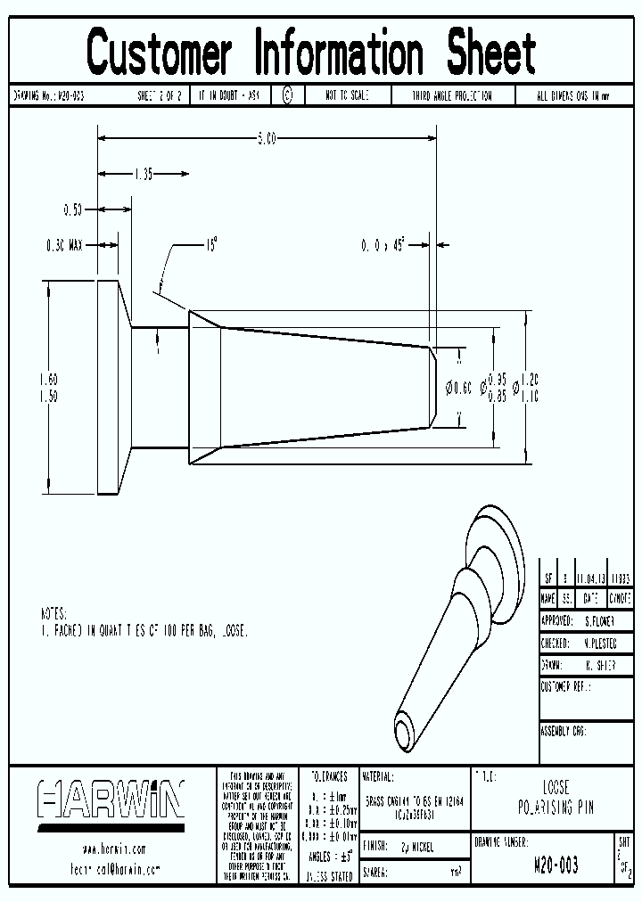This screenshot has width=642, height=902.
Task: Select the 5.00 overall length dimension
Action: click(x=267, y=138)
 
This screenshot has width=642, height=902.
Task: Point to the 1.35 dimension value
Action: click(x=144, y=174)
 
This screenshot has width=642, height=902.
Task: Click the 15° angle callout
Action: click(x=211, y=242)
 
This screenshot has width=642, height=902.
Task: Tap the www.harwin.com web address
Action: click(x=113, y=849)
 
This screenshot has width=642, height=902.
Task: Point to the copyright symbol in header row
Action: click(x=287, y=95)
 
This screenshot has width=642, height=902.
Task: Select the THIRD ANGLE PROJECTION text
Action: click(x=451, y=95)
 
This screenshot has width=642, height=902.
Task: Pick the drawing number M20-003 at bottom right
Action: click(x=555, y=865)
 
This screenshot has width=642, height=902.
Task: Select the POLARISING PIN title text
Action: click(x=555, y=808)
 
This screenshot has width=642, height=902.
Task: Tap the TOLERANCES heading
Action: click(x=329, y=776)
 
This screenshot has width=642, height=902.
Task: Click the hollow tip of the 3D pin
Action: click(x=406, y=732)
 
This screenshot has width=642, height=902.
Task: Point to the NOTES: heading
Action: click(x=53, y=614)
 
